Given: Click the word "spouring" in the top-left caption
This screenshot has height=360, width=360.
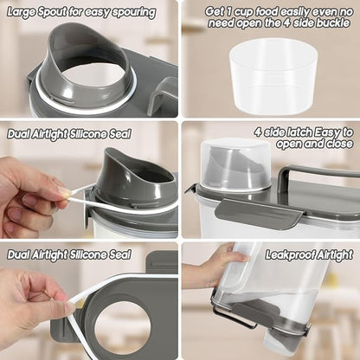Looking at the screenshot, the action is pos(134,13).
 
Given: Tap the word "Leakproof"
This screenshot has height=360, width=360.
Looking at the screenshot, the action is pos(289,255).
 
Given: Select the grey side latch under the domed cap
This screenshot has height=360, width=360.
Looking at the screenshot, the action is pos(262,211).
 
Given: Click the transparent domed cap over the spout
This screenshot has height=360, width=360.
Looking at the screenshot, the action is pos(235,164).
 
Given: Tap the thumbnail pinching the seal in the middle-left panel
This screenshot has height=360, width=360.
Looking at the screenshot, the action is pos(64,191).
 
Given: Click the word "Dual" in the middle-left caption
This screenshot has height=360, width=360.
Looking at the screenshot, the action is pos(18,134).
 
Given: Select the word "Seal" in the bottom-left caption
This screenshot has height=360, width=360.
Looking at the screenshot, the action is pos(120,255).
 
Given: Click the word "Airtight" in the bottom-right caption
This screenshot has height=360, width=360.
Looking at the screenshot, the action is pos(335,255).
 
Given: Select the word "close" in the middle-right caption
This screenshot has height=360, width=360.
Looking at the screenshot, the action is pos(340,144).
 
